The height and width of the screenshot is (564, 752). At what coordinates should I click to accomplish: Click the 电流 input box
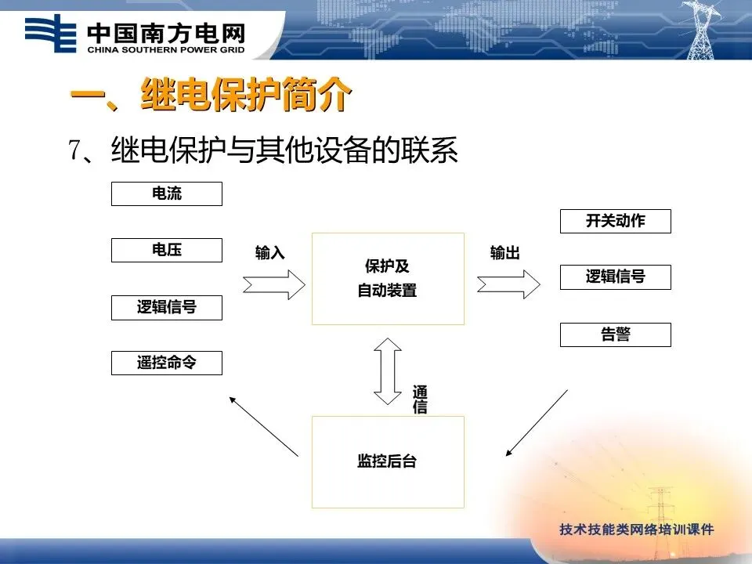pyautogui.click(x=166, y=193)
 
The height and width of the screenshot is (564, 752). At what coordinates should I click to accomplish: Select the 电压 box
pyautogui.click(x=166, y=250)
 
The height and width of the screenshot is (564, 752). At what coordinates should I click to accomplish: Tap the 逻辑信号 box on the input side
pyautogui.click(x=166, y=307)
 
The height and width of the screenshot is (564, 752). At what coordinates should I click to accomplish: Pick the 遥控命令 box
pyautogui.click(x=166, y=363)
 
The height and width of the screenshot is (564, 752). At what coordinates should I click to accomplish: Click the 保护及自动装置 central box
pyautogui.click(x=388, y=278)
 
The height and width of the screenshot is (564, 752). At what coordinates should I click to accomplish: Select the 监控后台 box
pyautogui.click(x=388, y=461)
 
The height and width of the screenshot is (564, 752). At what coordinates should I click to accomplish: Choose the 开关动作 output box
pyautogui.click(x=615, y=221)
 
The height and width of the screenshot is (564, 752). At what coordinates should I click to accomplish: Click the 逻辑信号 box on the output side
pyautogui.click(x=615, y=277)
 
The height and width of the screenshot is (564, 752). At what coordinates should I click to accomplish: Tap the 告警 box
pyautogui.click(x=615, y=334)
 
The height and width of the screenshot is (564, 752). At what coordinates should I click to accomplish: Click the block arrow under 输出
pyautogui.click(x=508, y=283)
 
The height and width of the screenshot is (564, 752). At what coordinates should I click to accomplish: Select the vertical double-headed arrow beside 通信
pyautogui.click(x=388, y=370)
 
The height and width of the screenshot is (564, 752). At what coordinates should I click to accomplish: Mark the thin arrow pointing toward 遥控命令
pyautogui.click(x=262, y=425)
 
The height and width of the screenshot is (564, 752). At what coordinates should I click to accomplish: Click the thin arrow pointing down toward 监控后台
pyautogui.click(x=537, y=422)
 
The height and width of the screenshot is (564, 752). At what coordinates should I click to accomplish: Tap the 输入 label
pyautogui.click(x=270, y=253)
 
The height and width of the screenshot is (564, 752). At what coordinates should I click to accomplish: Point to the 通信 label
pyautogui.click(x=420, y=399)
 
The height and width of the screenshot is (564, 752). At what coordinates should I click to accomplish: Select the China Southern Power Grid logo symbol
pyautogui.click(x=50, y=34)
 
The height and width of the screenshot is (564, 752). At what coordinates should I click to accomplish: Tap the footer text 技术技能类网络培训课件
pyautogui.click(x=636, y=530)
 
